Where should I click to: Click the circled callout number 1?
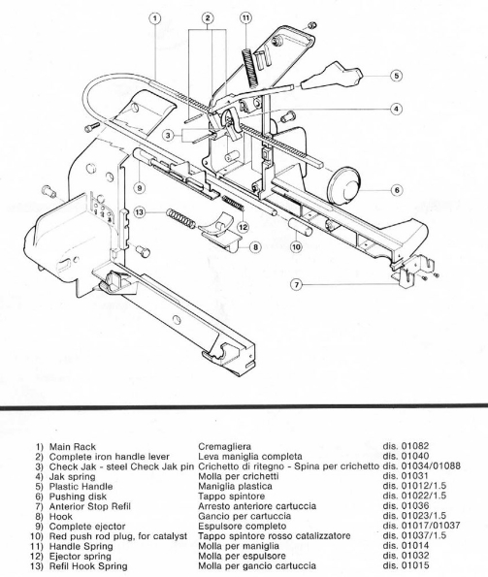click(155, 17)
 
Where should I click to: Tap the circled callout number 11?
click(245, 17)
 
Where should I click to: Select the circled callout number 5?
click(396, 76)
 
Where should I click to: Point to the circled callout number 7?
click(297, 284)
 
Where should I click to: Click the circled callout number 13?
click(140, 212)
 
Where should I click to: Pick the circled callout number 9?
click(140, 188)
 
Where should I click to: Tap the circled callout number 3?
click(168, 136)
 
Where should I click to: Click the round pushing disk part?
click(344, 185)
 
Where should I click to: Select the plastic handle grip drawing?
click(332, 77)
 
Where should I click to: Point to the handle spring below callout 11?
click(250, 69)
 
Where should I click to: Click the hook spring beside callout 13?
click(180, 218)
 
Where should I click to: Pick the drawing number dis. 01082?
click(406, 446)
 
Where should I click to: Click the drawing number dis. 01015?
click(406, 565)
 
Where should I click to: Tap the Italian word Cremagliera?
click(224, 447)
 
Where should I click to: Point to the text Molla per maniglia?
click(239, 546)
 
